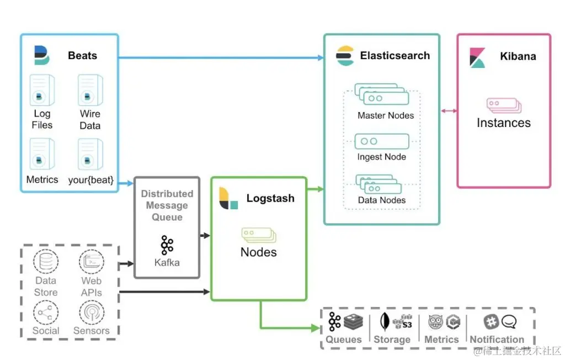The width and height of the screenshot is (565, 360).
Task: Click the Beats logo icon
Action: pyautogui.click(x=41, y=56)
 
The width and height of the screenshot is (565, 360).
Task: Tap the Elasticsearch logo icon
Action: pyautogui.click(x=345, y=56)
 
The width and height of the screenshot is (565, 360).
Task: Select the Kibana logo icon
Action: pyautogui.click(x=477, y=57)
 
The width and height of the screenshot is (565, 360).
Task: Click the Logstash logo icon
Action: pyautogui.click(x=228, y=199)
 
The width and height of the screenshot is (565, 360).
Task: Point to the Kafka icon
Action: pyautogui.click(x=167, y=245)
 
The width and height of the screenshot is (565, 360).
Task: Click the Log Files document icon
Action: pyautogui.click(x=42, y=91)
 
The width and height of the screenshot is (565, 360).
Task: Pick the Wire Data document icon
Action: pyautogui.click(x=90, y=91)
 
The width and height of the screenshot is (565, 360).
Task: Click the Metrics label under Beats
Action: pyautogui.click(x=42, y=180)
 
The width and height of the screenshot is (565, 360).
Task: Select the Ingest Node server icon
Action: pyautogui.click(x=382, y=141)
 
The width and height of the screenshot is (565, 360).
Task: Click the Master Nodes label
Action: pyautogui.click(x=385, y=116)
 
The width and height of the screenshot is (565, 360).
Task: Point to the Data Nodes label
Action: pyautogui.click(x=382, y=200)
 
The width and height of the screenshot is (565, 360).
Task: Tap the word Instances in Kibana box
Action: pyautogui.click(x=503, y=123)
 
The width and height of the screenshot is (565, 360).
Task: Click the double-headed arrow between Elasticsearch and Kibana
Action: pyautogui.click(x=449, y=111)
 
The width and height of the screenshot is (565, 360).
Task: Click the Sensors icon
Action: pyautogui.click(x=91, y=313)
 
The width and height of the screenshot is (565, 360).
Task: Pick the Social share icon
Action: pyautogui.click(x=46, y=313)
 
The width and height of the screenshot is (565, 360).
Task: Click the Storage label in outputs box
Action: pyautogui.click(x=392, y=340)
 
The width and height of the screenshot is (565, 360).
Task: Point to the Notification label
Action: pyautogui.click(x=497, y=340)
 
